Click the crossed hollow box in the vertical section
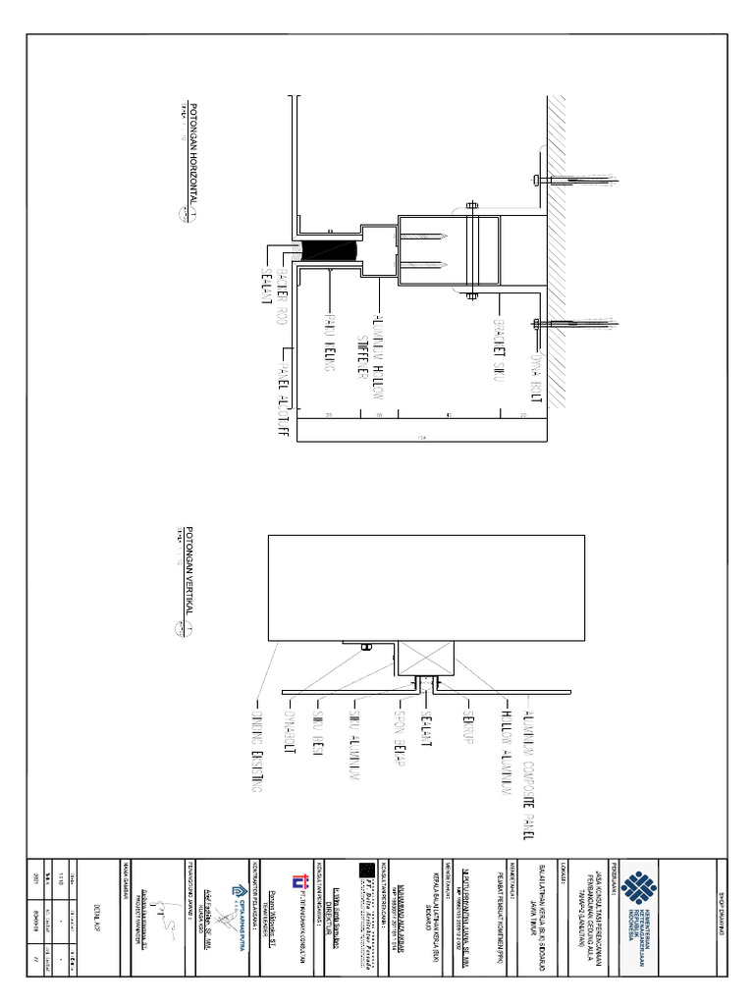click(425, 655)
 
